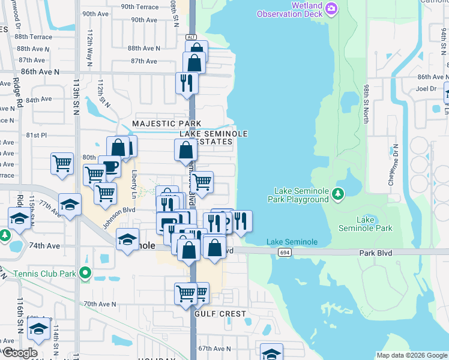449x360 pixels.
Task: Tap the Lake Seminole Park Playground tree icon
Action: coord(338,193)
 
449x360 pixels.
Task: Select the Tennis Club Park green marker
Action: coord(85,274)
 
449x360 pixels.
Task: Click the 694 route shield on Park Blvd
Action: coord(285,254)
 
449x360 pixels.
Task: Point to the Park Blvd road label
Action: coord(376,253)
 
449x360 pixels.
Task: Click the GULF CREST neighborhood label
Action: coord(220,314)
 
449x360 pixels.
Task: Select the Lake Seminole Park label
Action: coord(374,224)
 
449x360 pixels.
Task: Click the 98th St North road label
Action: coord(366,104)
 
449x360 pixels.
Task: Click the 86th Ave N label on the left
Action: coord(40,71)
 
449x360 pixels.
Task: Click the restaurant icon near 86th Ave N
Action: coord(186,83)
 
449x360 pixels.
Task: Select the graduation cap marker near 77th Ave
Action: coord(70,205)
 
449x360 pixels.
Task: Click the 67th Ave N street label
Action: coord(214,349)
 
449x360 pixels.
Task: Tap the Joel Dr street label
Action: coord(425,89)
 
